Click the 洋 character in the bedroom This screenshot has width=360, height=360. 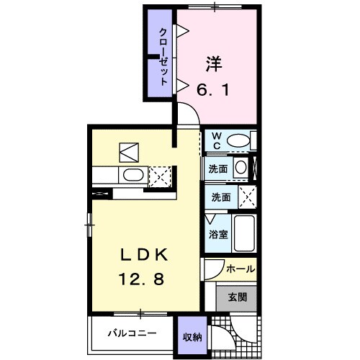click(212, 63)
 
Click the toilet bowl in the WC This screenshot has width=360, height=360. click(240, 140)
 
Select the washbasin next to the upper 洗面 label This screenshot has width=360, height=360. click(242, 168)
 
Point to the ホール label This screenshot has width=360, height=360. click(240, 269)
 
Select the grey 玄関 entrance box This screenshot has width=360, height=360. click(238, 295)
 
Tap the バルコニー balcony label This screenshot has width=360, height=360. click(132, 333)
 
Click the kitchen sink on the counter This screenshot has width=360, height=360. click(134, 175)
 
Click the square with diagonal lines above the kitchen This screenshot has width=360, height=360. click(129, 152)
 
